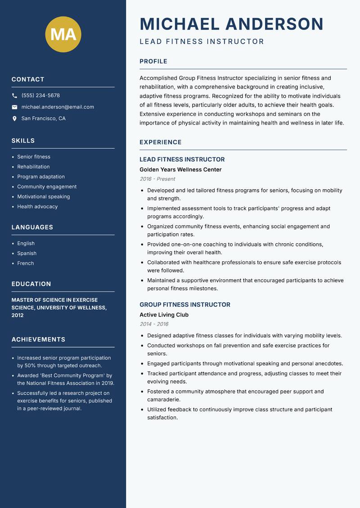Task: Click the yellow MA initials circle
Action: [63, 34]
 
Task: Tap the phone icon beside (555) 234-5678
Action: [14, 96]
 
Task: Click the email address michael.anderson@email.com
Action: [58, 107]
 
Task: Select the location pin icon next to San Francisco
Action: [14, 119]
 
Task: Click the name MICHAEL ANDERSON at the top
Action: [231, 24]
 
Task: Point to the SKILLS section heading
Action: [23, 141]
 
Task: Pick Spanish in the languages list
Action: [27, 253]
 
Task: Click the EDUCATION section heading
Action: [31, 284]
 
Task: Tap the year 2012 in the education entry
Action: [18, 315]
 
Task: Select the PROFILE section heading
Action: [153, 62]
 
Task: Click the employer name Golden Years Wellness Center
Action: [180, 169]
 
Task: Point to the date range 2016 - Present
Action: [157, 179]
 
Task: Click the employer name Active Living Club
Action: [164, 315]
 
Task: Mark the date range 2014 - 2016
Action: [154, 324]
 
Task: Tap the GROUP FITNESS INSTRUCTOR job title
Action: [184, 305]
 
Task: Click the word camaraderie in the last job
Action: [164, 399]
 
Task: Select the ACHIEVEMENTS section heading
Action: [38, 339]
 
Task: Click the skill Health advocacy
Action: [37, 206]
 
